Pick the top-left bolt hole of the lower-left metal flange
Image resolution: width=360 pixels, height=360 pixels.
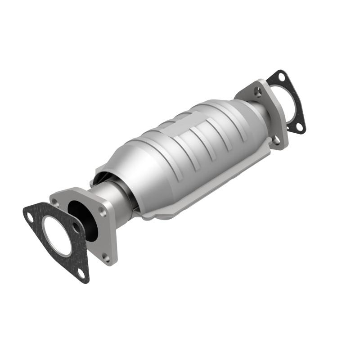pos(55,202)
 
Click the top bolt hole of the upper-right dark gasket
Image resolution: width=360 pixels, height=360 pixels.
pos(281,77)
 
